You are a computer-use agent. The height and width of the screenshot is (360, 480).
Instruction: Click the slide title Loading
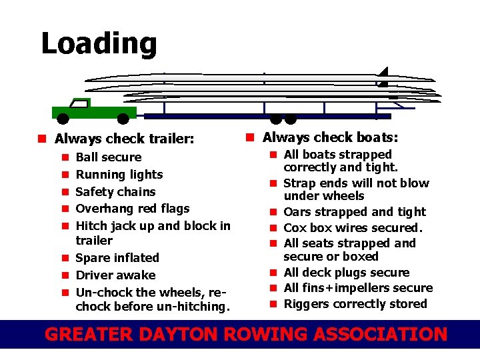(99, 44)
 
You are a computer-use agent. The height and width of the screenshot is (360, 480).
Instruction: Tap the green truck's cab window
(81, 103)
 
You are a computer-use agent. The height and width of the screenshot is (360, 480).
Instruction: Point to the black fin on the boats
(383, 77)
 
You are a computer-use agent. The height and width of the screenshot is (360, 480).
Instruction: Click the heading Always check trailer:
(124, 139)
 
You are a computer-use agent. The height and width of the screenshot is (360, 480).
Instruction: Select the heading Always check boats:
(330, 137)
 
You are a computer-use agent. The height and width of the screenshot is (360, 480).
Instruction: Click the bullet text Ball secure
(109, 157)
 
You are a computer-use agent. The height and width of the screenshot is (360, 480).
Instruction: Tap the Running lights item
(119, 175)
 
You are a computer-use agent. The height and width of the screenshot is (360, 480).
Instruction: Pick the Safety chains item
(115, 192)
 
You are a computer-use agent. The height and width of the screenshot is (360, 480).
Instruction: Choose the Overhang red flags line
(133, 209)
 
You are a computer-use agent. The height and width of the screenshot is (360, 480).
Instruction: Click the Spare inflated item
(117, 258)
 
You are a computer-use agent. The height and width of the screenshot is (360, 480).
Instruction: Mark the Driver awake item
(115, 275)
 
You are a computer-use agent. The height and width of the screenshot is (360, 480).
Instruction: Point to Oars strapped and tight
(355, 212)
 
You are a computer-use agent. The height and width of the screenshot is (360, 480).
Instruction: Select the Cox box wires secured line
(353, 228)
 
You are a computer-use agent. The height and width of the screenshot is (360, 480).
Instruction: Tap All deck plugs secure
(347, 273)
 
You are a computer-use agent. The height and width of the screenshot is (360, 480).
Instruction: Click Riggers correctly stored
(355, 304)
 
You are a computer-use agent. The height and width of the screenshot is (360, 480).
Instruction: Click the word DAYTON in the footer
(189, 334)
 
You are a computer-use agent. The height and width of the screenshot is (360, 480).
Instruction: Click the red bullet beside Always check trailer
(41, 139)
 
